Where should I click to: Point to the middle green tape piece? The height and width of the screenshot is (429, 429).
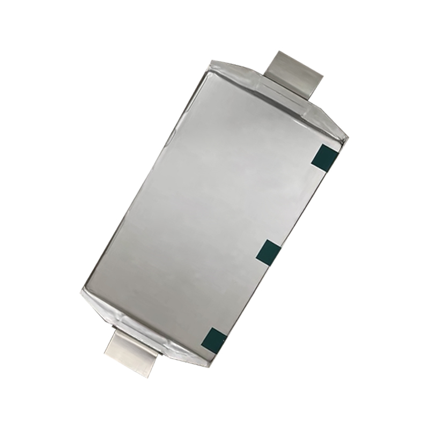tap(269, 252)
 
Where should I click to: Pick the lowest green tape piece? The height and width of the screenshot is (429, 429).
tap(214, 338)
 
